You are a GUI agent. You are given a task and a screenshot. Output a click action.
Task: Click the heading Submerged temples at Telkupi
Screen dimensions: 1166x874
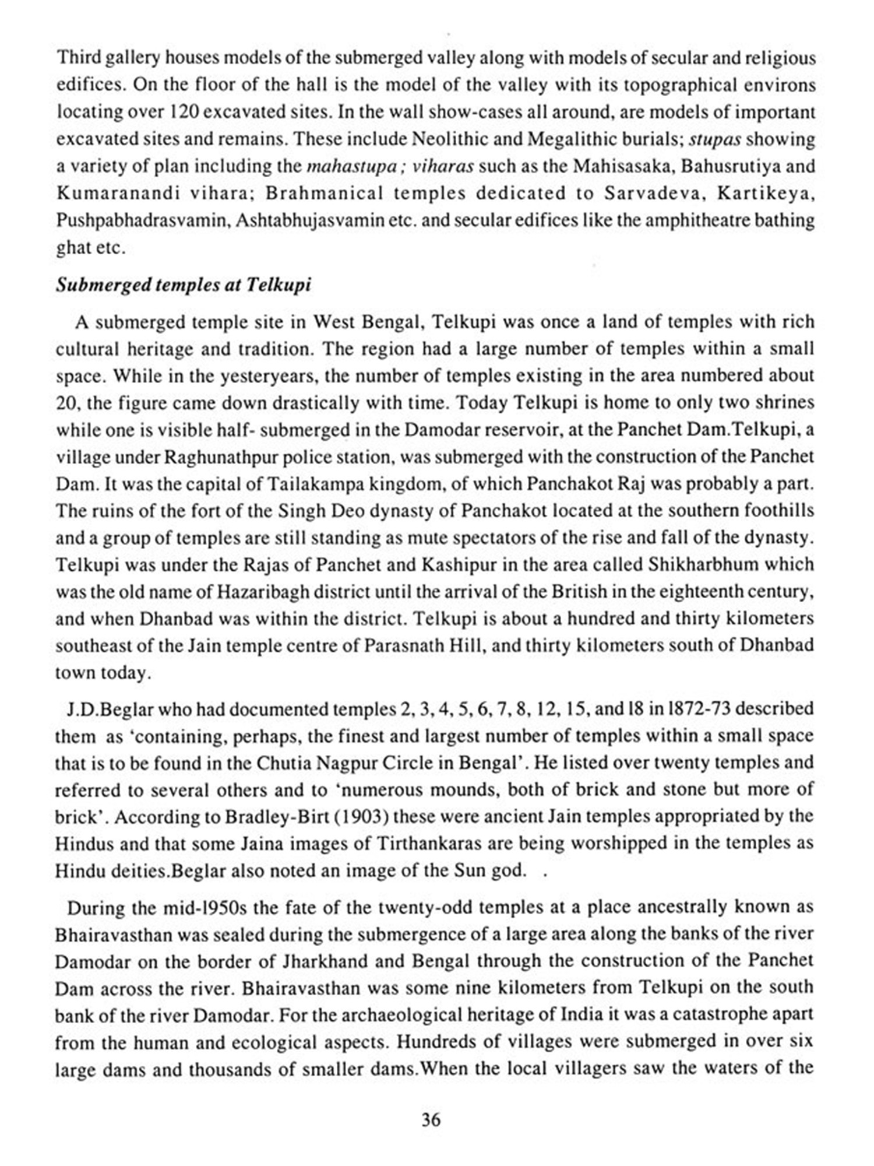click(183, 285)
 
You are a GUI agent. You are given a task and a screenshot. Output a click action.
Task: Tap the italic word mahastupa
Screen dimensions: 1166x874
click(343, 167)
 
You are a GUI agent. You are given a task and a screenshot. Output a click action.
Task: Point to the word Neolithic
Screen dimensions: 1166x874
click(449, 139)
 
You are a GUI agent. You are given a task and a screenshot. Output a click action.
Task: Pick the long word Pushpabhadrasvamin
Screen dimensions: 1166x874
click(143, 221)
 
